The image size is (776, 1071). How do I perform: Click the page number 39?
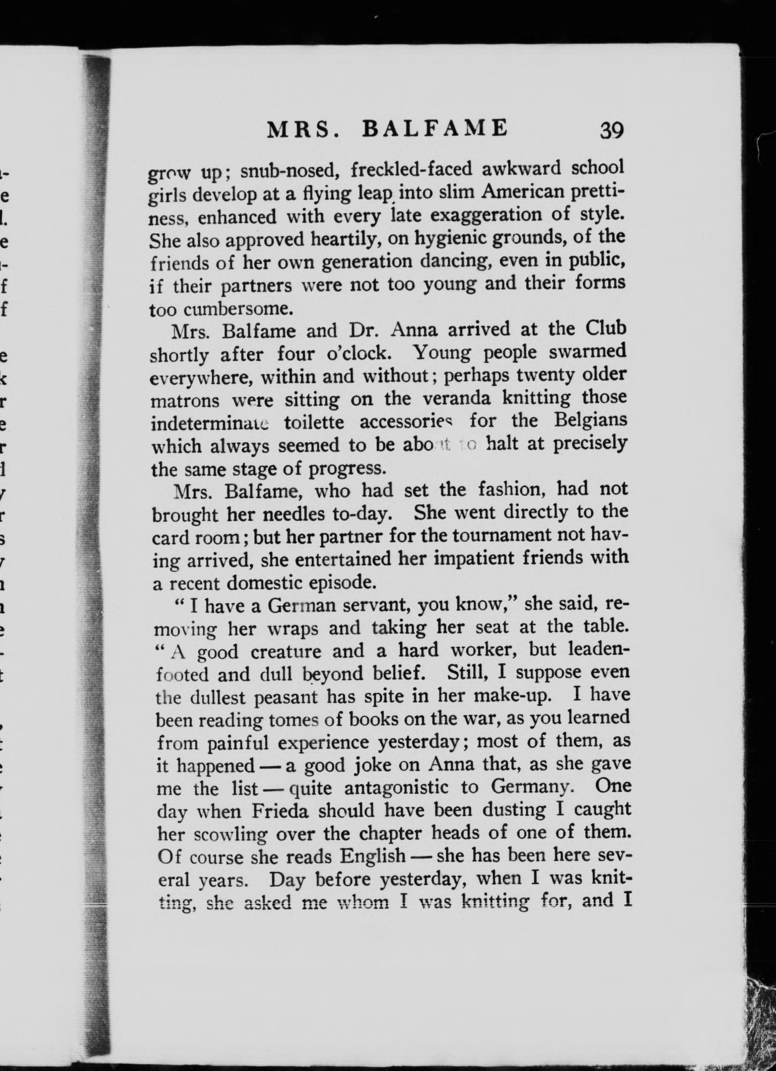pyautogui.click(x=612, y=130)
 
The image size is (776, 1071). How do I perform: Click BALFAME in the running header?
pyautogui.click(x=434, y=128)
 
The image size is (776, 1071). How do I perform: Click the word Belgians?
pyautogui.click(x=590, y=420)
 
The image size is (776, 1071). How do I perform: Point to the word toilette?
pyautogui.click(x=314, y=422)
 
